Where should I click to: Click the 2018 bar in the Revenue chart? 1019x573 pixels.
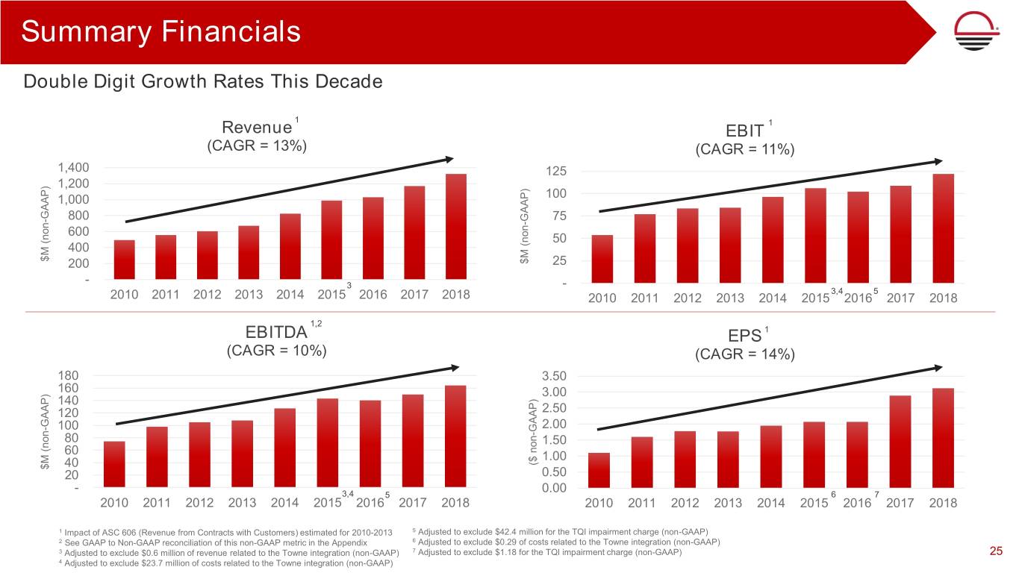pos(455,227)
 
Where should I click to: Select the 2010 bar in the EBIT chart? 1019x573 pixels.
pos(602,259)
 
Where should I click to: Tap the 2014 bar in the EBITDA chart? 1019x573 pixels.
pos(285,448)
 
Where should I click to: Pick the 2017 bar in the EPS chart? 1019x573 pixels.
pos(900,442)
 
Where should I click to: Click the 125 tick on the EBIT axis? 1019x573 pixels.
pos(556,172)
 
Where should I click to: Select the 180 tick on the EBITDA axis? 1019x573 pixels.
pos(69,375)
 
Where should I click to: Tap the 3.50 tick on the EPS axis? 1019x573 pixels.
pos(554,376)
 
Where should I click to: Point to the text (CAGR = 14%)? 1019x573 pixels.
pos(744,355)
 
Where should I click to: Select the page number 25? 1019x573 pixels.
pos(995,551)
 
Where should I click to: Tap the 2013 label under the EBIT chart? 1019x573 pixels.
pos(729,298)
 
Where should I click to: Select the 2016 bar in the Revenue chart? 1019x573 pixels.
pos(373,239)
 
